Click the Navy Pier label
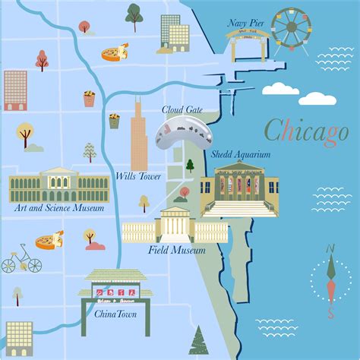(x=246, y=24)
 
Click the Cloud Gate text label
(x=182, y=109)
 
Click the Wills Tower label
(x=137, y=176)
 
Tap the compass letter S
(x=330, y=312)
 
